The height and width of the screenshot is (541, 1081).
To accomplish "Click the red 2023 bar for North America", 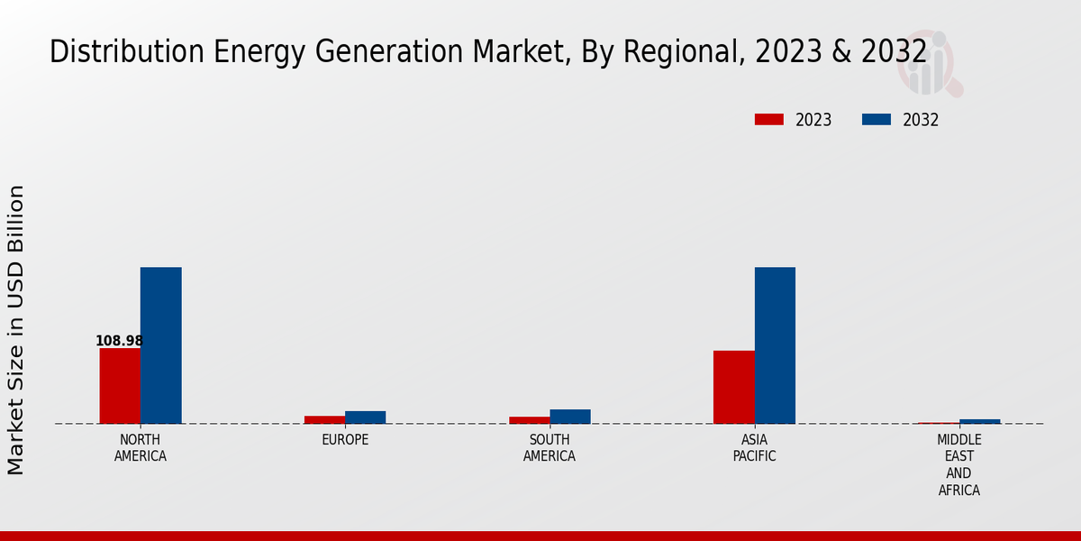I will [120, 385].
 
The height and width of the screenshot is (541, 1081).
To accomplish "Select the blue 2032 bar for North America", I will [160, 345].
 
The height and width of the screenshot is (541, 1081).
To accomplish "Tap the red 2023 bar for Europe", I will [324, 419].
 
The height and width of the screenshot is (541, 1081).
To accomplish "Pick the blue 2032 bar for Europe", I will [365, 417].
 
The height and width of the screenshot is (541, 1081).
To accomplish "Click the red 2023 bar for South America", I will [529, 419].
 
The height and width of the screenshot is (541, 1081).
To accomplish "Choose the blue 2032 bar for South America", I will [570, 417].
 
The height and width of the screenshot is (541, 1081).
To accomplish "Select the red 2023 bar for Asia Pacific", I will [733, 387].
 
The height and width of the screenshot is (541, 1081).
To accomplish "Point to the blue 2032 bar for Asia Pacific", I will [775, 345].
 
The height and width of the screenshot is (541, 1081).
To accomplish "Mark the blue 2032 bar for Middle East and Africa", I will [979, 421].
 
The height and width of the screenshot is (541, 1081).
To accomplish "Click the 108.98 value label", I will [119, 341].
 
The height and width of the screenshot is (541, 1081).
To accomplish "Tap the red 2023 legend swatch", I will [768, 120].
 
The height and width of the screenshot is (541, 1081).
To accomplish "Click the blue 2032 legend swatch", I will [877, 120].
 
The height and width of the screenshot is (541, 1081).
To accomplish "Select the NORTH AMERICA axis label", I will [141, 448].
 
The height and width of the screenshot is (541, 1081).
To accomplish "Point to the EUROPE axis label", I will [345, 440].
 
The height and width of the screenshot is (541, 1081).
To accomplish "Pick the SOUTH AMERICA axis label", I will [550, 448].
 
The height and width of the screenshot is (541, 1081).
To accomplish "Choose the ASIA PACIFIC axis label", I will [754, 448].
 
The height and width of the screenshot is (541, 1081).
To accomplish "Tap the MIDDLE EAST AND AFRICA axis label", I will [958, 465].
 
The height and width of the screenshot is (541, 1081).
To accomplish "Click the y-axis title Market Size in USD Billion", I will [16, 330].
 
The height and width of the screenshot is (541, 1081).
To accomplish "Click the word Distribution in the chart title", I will [102, 52].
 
